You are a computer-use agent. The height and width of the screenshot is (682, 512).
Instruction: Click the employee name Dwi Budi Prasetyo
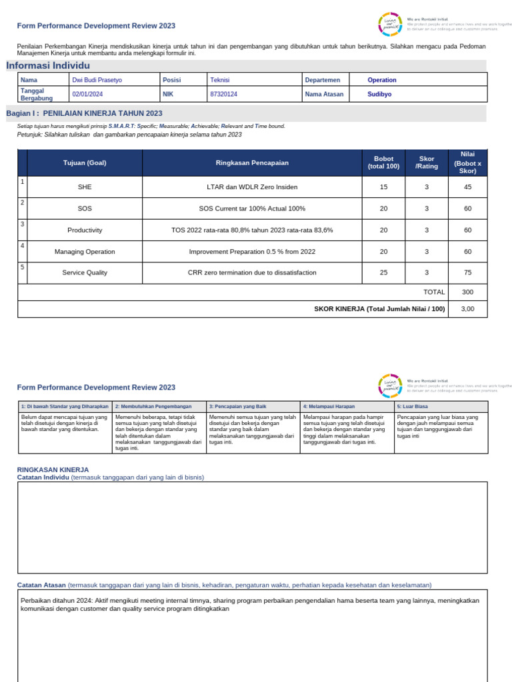tap(97, 80)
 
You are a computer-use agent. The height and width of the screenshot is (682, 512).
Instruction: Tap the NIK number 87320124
tap(223, 95)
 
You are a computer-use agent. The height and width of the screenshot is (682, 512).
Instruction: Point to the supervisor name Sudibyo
tap(379, 95)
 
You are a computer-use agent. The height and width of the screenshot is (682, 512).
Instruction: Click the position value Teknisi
tap(219, 80)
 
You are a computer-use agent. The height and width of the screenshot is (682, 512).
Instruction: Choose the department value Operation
tap(381, 80)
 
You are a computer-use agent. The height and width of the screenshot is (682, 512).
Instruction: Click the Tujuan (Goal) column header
tap(85, 163)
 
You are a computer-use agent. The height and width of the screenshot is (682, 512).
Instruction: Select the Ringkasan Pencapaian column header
tap(251, 163)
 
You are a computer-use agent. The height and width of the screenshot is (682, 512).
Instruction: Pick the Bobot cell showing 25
tap(383, 272)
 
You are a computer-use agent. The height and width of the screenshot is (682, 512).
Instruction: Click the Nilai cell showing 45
tap(467, 187)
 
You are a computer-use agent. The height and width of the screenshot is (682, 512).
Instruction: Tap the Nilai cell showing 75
tap(467, 272)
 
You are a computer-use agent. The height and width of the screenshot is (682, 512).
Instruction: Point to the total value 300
tap(467, 292)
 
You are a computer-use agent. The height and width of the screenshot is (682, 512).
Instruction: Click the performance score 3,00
tap(467, 309)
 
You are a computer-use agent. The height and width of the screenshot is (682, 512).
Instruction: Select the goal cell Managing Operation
tap(85, 252)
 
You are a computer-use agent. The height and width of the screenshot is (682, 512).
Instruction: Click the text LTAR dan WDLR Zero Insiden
tap(252, 187)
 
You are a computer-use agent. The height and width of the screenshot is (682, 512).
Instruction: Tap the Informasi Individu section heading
tap(48, 65)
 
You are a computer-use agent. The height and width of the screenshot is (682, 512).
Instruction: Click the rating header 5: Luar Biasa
tap(412, 406)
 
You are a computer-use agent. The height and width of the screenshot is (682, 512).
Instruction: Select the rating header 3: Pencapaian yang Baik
tap(237, 406)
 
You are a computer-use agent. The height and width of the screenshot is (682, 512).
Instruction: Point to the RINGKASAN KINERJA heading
tap(53, 470)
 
